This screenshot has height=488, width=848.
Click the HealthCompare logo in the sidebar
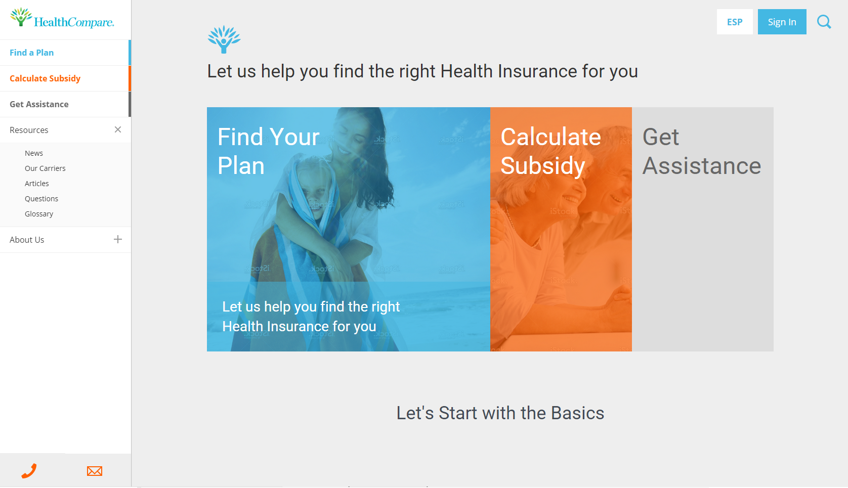pos(62,18)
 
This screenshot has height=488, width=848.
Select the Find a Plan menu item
pos(31,53)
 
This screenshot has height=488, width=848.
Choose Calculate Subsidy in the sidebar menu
pos(45,78)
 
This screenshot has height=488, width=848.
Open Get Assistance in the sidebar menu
pos(39,104)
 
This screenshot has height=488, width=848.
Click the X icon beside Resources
pos(118,130)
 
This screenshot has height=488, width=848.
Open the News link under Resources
pos(34,153)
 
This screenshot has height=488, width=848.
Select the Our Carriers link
pos(45,168)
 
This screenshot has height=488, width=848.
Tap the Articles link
pos(37,184)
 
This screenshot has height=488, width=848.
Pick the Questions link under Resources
pos(41,199)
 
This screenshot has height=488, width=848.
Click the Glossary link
pos(38,214)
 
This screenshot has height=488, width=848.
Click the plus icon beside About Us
pos(118,240)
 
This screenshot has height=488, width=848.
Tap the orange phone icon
pos(29,471)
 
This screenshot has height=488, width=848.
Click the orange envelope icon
pos(95,471)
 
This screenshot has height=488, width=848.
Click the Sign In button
pos(782,22)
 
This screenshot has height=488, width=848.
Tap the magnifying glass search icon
pos(824,22)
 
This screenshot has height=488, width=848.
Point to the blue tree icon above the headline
pos(224,39)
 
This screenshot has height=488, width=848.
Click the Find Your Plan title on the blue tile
pos(268,151)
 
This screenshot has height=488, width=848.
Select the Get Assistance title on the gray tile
pos(701,151)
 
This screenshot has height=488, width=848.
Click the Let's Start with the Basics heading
pos(500,413)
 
